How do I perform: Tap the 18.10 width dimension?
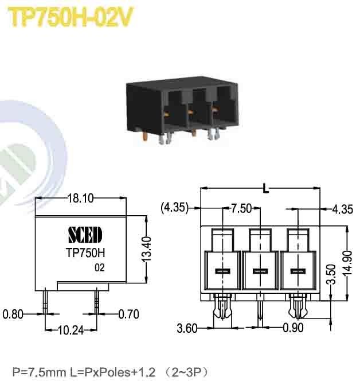(x=80, y=199)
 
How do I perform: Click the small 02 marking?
(x=100, y=267)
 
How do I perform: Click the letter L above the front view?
(x=264, y=187)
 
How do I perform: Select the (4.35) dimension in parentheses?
(x=174, y=208)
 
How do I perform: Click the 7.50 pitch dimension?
(x=241, y=208)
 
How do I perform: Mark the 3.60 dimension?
(x=188, y=329)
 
